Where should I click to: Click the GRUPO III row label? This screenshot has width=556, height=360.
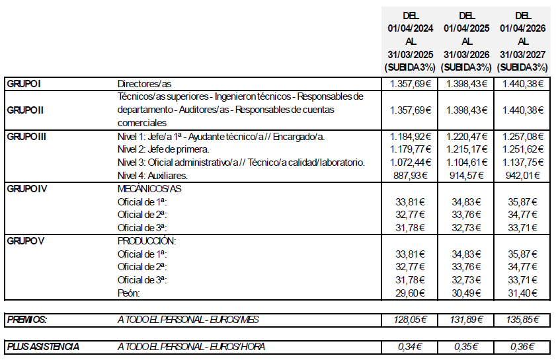(26, 137)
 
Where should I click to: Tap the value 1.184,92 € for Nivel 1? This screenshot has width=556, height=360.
(410, 137)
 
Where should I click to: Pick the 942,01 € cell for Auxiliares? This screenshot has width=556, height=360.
(522, 176)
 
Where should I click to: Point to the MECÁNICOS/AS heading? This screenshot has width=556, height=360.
(149, 189)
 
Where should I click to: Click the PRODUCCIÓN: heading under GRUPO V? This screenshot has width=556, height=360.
(147, 241)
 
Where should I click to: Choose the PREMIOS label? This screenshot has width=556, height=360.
(27, 320)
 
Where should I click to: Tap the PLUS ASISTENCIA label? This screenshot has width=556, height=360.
(44, 346)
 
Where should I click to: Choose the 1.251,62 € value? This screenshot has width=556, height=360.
(522, 150)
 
